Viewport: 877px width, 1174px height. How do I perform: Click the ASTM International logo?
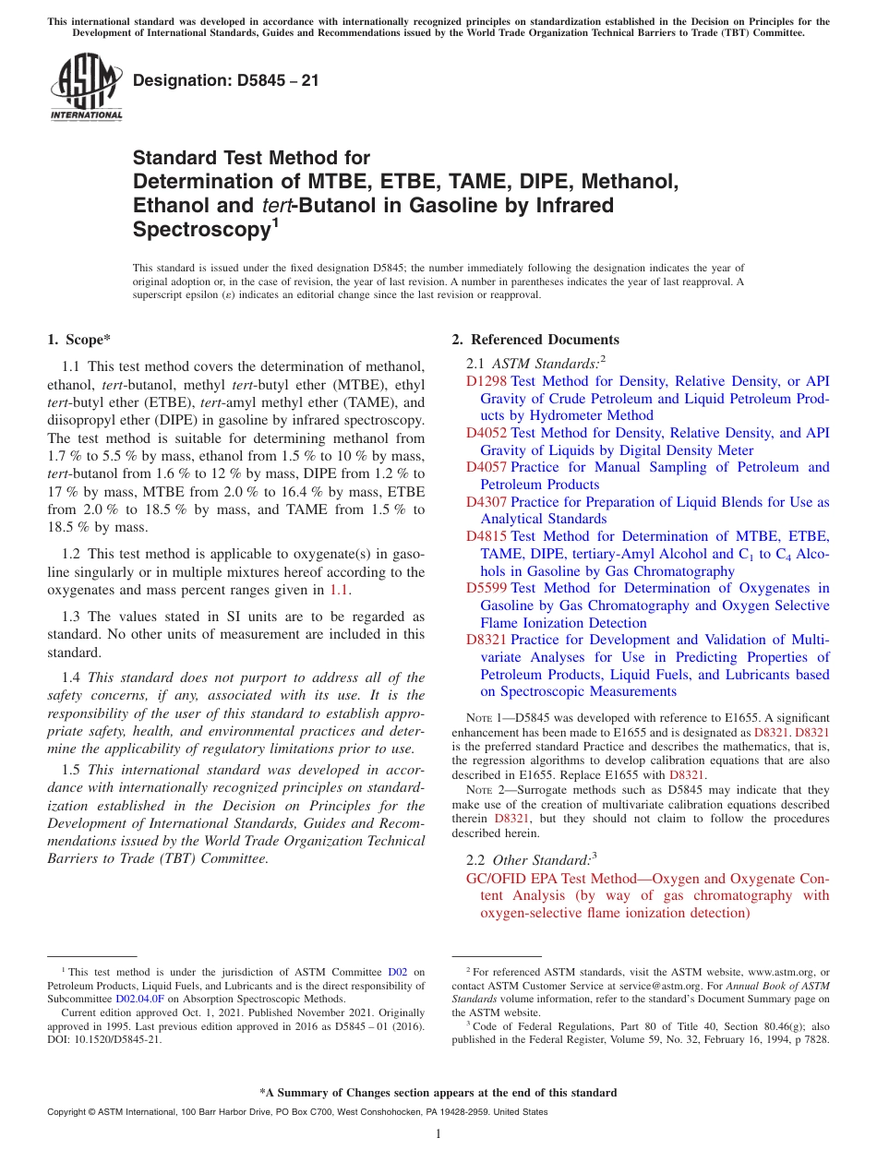(x=86, y=88)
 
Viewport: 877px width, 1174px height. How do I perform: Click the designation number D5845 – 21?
(x=226, y=80)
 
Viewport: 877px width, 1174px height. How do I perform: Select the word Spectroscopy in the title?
(x=198, y=229)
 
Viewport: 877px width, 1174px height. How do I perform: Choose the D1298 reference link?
(x=486, y=381)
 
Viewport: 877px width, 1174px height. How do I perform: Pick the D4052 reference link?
(x=486, y=433)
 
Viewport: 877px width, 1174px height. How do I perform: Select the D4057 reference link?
(x=486, y=467)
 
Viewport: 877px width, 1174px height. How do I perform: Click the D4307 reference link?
(x=486, y=502)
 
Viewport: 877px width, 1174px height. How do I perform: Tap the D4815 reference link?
(x=486, y=536)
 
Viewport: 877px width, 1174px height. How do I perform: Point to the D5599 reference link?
(x=486, y=588)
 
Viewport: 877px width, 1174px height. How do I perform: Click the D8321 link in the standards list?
(x=486, y=640)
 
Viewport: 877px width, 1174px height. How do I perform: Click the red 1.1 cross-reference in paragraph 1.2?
(x=339, y=590)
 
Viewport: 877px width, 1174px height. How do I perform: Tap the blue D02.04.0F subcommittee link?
(x=138, y=997)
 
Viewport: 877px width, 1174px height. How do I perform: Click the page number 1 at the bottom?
(x=438, y=1133)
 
